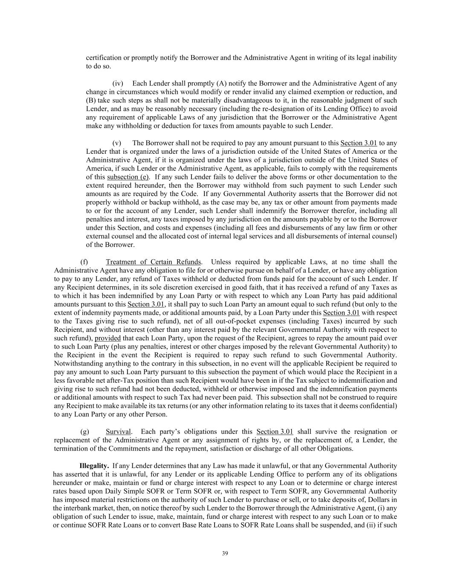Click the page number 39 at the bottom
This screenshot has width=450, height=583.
pos(225,554)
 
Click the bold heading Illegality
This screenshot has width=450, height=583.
pos(94,466)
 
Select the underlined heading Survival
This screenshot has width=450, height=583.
pos(119,431)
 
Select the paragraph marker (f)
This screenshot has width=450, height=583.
pos(84,262)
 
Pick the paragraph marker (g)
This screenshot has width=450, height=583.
pos(84,431)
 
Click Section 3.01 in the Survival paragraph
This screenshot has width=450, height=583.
pos(275,431)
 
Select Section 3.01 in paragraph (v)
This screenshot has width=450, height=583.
pos(358,143)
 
